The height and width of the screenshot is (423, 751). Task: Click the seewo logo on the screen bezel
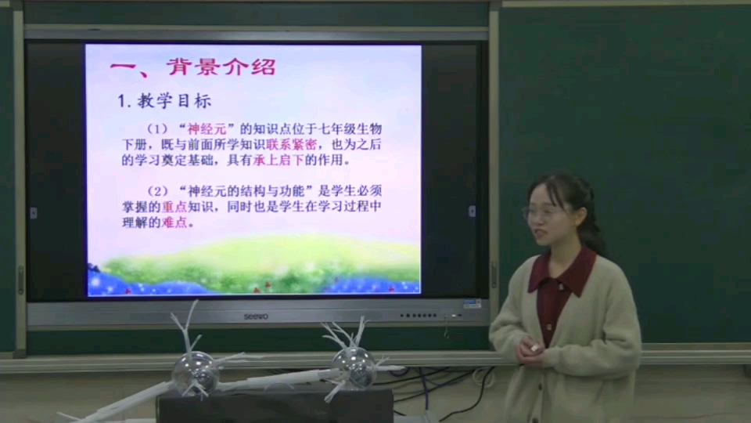256,316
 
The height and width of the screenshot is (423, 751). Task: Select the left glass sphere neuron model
194,372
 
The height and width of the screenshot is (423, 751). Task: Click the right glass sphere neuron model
354,365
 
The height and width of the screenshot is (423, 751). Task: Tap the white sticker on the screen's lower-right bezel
471,303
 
